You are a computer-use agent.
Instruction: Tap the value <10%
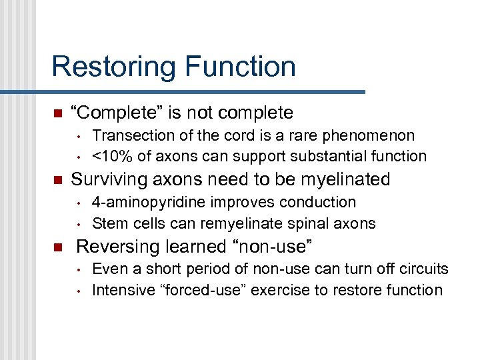click(x=111, y=156)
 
